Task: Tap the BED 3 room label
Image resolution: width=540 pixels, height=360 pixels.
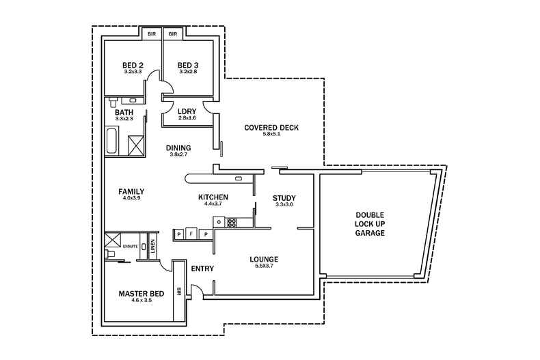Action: (x=187, y=65)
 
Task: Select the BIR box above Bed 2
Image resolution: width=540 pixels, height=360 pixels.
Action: (x=150, y=33)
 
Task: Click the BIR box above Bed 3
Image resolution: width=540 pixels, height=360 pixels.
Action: (x=172, y=33)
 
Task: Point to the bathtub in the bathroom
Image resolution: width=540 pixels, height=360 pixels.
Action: (x=111, y=140)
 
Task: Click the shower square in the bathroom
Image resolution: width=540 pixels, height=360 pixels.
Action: (x=136, y=144)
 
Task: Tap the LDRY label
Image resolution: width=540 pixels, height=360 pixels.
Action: (x=187, y=112)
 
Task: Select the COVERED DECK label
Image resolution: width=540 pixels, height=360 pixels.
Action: (x=271, y=128)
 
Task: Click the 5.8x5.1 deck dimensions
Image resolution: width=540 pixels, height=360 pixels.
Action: (x=271, y=135)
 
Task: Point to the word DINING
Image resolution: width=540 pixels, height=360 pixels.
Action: (x=178, y=148)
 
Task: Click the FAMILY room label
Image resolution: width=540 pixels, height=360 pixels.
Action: (x=131, y=191)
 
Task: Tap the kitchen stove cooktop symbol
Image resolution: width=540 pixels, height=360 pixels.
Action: (x=231, y=221)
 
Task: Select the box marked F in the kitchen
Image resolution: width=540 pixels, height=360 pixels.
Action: (x=192, y=234)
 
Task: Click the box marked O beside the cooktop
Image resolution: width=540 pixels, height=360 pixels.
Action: (x=219, y=222)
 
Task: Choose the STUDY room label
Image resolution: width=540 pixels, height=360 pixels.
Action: (x=284, y=198)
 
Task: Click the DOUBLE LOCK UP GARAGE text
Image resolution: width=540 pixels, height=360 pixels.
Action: (x=370, y=223)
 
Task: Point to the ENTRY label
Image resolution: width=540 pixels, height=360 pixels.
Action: (x=203, y=268)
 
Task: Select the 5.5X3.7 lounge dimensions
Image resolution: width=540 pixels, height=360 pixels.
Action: (x=263, y=267)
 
